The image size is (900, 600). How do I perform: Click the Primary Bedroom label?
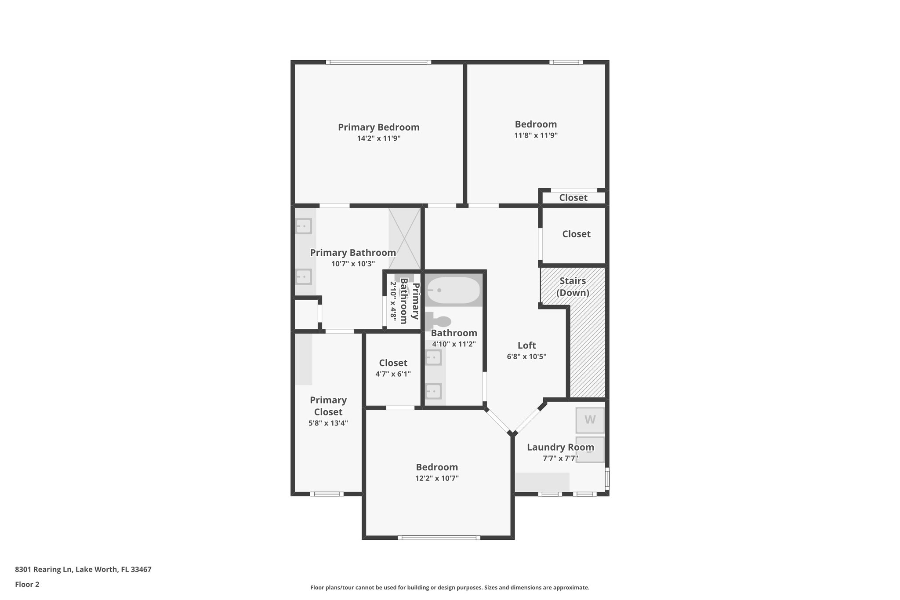pyautogui.click(x=378, y=127)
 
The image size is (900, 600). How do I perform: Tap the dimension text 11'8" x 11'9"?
pyautogui.click(x=536, y=135)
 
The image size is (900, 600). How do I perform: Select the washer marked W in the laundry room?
pyautogui.click(x=590, y=420)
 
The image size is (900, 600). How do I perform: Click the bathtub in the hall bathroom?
pyautogui.click(x=454, y=290)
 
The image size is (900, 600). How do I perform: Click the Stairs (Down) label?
pyautogui.click(x=573, y=287)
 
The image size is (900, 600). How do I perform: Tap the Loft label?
pyautogui.click(x=526, y=345)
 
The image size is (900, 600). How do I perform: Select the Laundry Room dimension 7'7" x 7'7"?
pyautogui.click(x=560, y=458)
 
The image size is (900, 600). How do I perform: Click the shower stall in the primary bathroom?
pyautogui.click(x=404, y=239)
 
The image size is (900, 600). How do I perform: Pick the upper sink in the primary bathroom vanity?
pyautogui.click(x=303, y=226)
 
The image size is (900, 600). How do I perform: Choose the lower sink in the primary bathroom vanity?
pyautogui.click(x=303, y=277)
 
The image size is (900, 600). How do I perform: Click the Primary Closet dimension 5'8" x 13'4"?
pyautogui.click(x=328, y=423)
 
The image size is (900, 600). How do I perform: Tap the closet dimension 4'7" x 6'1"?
pyautogui.click(x=393, y=374)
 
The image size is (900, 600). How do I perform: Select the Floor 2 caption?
pyautogui.click(x=27, y=585)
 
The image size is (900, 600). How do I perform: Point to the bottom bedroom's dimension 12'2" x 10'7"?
pyautogui.click(x=437, y=478)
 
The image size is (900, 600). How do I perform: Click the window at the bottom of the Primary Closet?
pyautogui.click(x=327, y=494)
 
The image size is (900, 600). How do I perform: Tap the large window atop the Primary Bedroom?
pyautogui.click(x=378, y=62)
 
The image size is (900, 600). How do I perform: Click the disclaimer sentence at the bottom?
pyautogui.click(x=450, y=588)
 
